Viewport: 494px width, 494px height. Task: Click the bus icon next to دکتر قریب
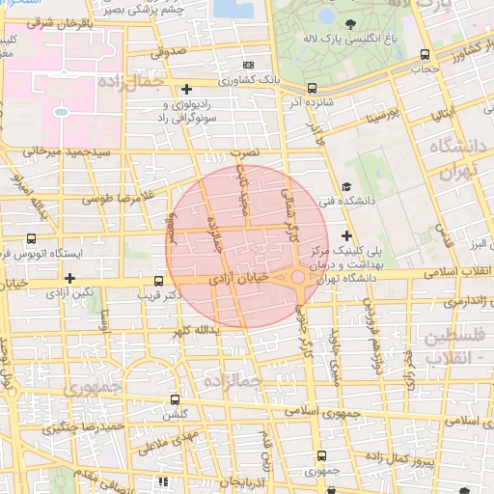pos(158,283)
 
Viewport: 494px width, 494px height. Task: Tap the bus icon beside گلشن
pos(175,399)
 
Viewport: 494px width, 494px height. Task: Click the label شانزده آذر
pos(310,99)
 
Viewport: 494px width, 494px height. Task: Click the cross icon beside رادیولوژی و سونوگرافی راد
pos(200,89)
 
